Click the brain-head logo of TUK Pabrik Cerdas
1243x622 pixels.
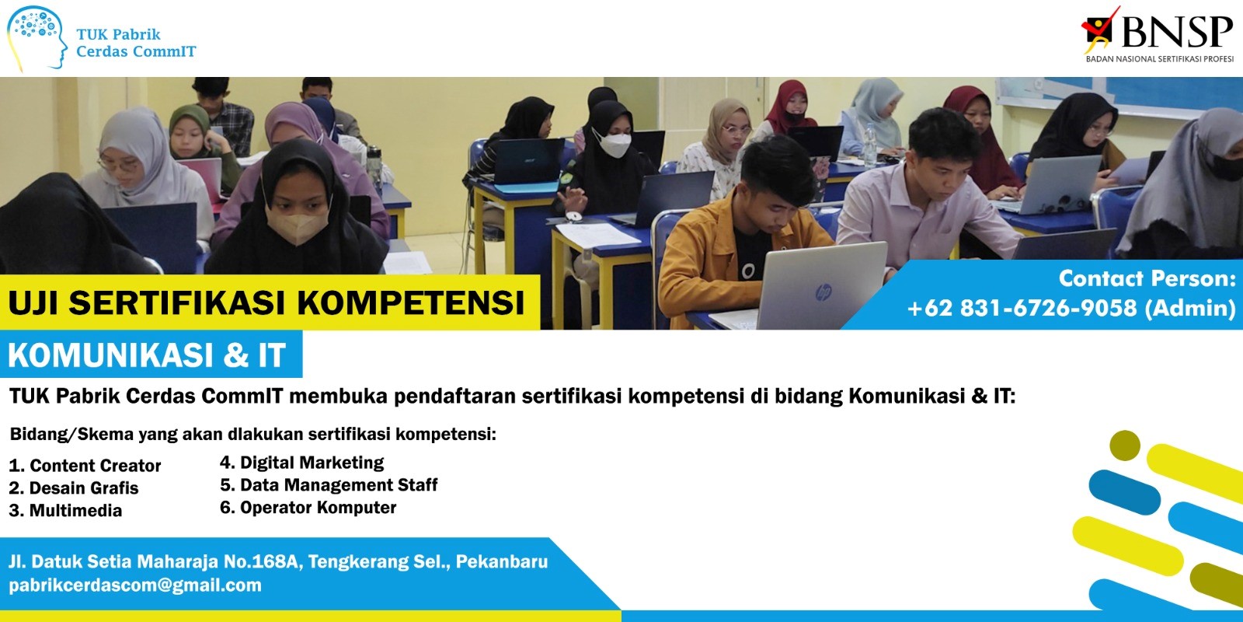[37, 39]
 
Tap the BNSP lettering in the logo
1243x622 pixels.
[1176, 31]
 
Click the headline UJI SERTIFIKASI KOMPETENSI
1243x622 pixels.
[266, 303]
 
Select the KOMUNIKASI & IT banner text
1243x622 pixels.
[147, 355]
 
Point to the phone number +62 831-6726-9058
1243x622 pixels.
[1022, 308]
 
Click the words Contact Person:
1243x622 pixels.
[1147, 278]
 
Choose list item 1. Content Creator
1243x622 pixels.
[85, 466]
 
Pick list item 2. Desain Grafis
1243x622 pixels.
[74, 488]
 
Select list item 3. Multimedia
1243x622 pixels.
[65, 510]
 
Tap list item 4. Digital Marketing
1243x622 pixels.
[302, 463]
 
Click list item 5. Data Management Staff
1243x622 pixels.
[329, 485]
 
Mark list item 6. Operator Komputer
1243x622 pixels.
[308, 508]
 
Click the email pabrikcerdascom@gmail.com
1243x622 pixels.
[135, 585]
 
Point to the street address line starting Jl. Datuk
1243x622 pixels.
[278, 561]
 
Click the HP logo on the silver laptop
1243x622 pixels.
[823, 292]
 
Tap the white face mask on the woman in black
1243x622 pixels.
[613, 144]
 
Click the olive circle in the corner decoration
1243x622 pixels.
[1125, 446]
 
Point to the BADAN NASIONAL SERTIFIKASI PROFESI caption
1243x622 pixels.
[1160, 58]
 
